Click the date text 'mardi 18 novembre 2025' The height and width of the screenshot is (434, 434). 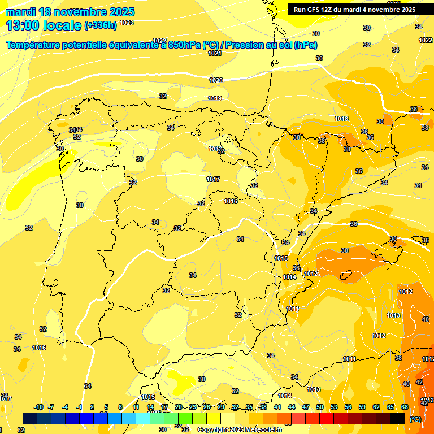[70, 12]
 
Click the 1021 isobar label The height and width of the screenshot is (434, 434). [214, 53]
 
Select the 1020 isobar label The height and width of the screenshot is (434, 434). [216, 80]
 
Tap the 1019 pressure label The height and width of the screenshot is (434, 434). [214, 98]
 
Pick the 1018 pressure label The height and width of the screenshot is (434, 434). [341, 119]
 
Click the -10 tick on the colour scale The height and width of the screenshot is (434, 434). [38, 407]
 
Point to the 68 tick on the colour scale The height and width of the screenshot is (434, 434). [404, 407]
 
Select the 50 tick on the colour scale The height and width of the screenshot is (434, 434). [320, 407]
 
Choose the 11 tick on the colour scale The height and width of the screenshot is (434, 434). [136, 407]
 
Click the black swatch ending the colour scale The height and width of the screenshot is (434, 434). [397, 418]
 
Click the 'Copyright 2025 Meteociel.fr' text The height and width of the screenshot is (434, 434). [240, 429]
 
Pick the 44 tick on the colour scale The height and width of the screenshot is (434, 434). [292, 407]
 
